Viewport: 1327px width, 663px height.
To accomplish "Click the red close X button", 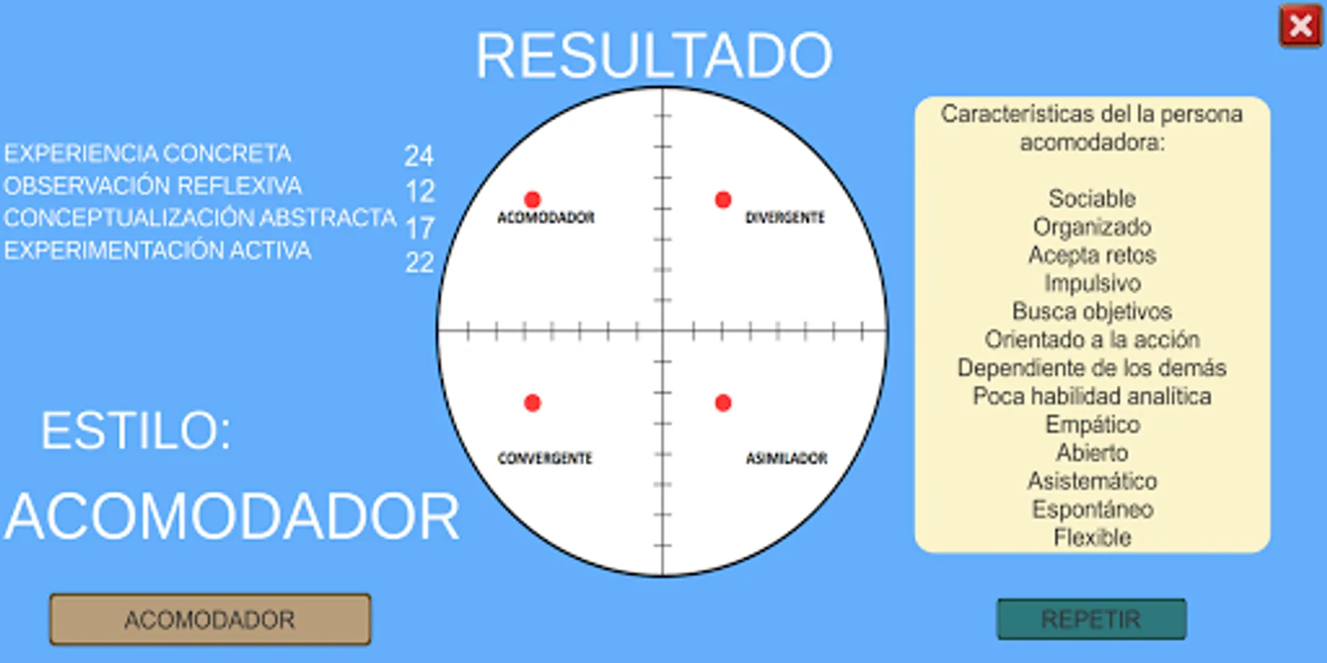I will coord(1300,26).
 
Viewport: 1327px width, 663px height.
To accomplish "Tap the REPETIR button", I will coord(1091,619).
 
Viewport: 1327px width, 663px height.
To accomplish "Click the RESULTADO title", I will coord(654,55).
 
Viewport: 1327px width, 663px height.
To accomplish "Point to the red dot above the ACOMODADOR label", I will coord(532,199).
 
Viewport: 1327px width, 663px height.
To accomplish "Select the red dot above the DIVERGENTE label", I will coord(723,199).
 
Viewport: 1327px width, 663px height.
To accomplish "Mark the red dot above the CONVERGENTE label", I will coord(532,403).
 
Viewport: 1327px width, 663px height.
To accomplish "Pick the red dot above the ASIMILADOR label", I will coord(723,403).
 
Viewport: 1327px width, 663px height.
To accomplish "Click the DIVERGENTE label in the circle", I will coord(784,217).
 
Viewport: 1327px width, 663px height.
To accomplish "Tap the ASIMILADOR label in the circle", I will coord(786,458).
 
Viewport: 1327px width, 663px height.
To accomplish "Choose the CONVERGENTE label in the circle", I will coord(545,458).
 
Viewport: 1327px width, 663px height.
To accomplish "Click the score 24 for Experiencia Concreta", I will coord(419,155).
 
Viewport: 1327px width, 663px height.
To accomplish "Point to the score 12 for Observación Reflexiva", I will coord(420,192).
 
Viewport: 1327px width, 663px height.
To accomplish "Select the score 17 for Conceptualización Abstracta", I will coord(420,228).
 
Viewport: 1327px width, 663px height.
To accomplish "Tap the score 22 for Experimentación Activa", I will coord(419,262).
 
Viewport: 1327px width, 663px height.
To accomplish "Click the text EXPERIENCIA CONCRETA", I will coord(147,153).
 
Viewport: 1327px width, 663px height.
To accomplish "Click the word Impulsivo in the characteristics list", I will coord(1092,283).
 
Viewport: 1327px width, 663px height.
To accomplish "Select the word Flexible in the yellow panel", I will coord(1092,537).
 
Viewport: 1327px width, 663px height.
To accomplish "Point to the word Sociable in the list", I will coord(1092,198).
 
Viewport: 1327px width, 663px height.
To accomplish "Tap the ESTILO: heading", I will coord(136,430).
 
